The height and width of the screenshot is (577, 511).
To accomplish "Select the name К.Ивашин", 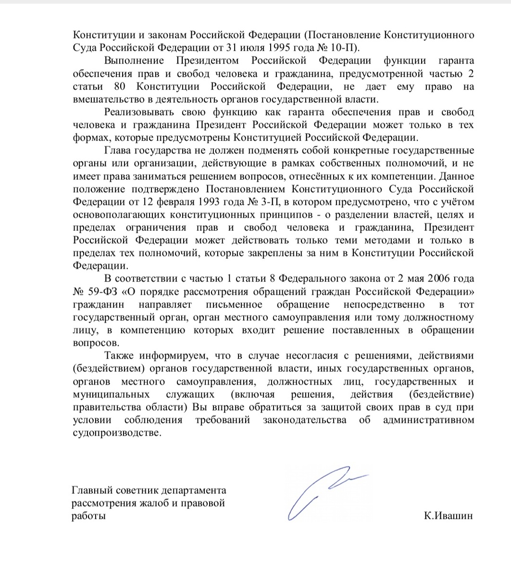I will point(446,516).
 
